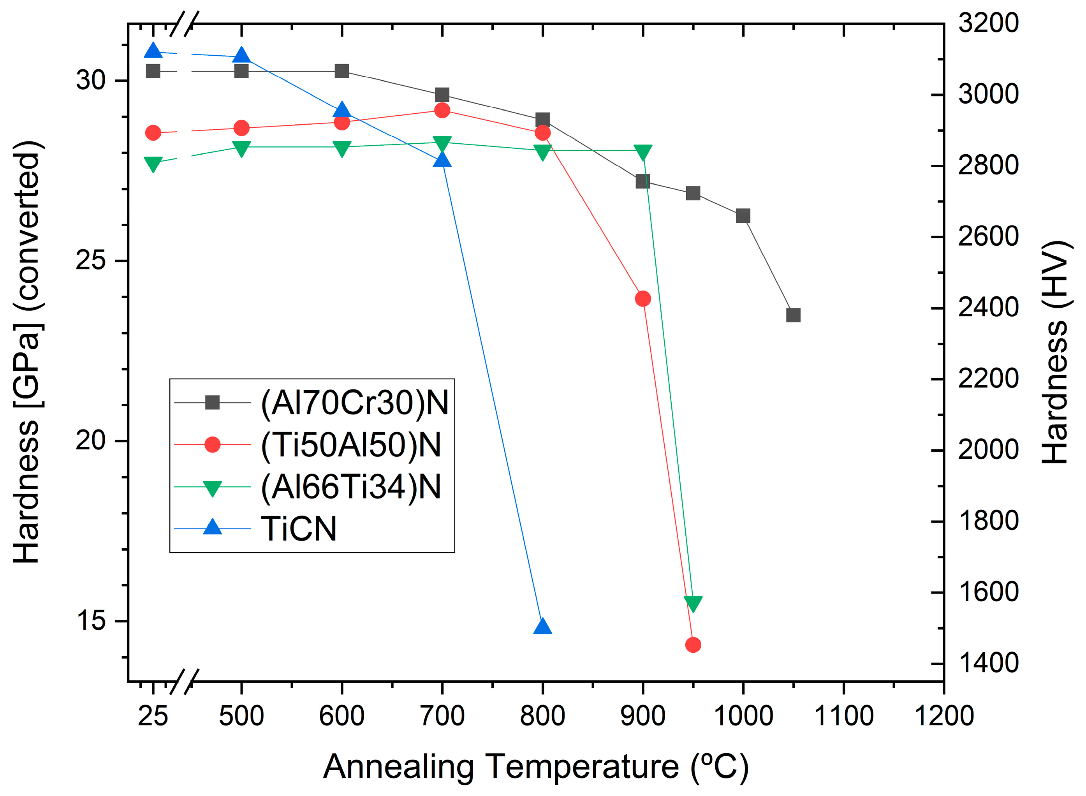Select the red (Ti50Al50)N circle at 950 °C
click(693, 645)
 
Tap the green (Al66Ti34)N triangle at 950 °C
click(693, 603)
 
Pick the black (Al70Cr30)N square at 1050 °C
click(793, 315)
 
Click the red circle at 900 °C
click(643, 299)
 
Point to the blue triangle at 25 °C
click(153, 51)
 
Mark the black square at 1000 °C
click(743, 216)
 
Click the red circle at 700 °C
click(442, 110)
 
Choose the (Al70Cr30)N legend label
click(354, 402)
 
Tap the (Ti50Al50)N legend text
click(351, 444)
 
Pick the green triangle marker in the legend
click(213, 488)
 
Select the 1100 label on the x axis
click(843, 715)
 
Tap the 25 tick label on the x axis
click(153, 715)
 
